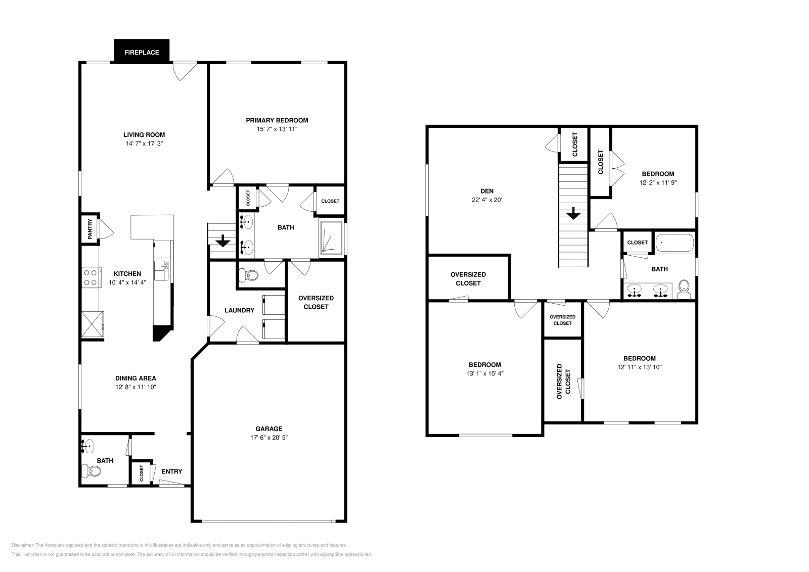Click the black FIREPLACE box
tap(142, 51)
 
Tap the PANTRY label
tap(89, 229)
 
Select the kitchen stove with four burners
tap(92, 277)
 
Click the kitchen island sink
tap(162, 270)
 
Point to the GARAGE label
tap(268, 428)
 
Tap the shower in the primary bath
tap(331, 238)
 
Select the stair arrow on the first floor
tap(223, 241)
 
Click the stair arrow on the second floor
tap(573, 213)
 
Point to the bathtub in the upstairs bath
tap(675, 243)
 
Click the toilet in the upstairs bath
tap(684, 290)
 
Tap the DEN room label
tap(487, 191)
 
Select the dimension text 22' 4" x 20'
tap(487, 200)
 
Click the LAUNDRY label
tap(240, 310)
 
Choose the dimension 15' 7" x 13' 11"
tap(277, 129)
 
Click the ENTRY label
tap(171, 471)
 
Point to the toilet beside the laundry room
tap(249, 275)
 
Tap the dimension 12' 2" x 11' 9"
tap(658, 182)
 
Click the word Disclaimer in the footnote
tap(22, 545)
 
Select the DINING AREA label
tap(136, 378)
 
